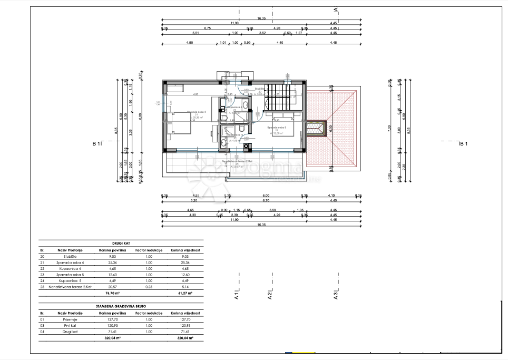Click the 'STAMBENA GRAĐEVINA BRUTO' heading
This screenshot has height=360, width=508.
tap(121, 305)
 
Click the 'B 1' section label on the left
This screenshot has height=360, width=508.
tap(96, 143)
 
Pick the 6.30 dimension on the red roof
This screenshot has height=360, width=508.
tap(331, 128)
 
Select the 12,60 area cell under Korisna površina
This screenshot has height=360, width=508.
tap(112, 274)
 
